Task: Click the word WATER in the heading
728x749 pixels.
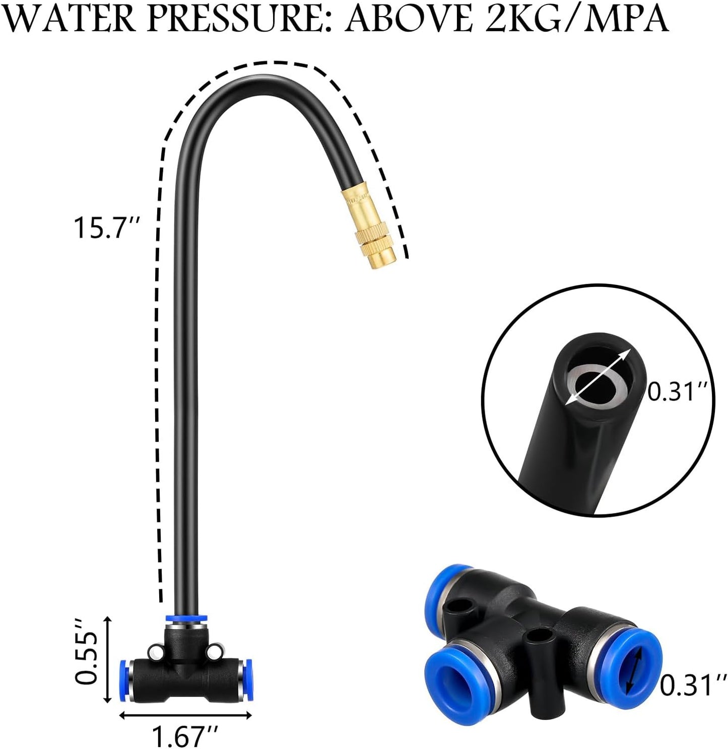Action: (69, 21)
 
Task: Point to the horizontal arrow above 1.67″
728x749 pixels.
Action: (185, 716)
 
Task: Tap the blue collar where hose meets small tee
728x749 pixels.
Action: (185, 618)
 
